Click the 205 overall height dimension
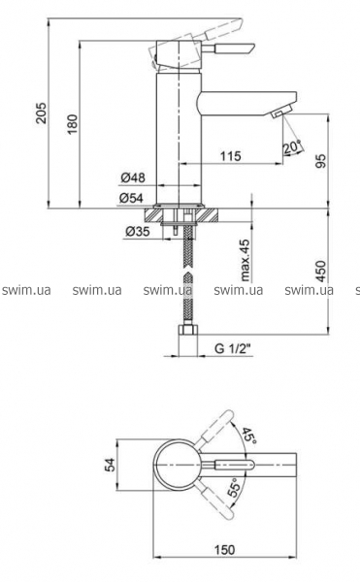point(41,113)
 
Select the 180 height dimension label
point(73,124)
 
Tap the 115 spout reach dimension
point(231,156)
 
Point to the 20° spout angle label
point(292,147)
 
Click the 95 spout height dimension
point(321,161)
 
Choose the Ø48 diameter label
point(133,178)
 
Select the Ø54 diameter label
point(131,198)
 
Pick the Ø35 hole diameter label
point(138,232)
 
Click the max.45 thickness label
point(245,259)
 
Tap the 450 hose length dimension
point(321,272)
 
